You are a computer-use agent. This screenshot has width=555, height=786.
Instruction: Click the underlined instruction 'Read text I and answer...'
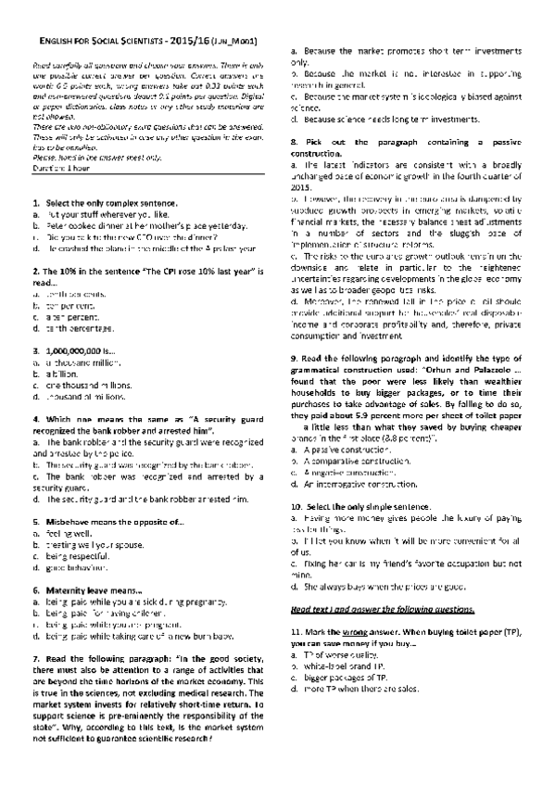pos(382,613)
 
